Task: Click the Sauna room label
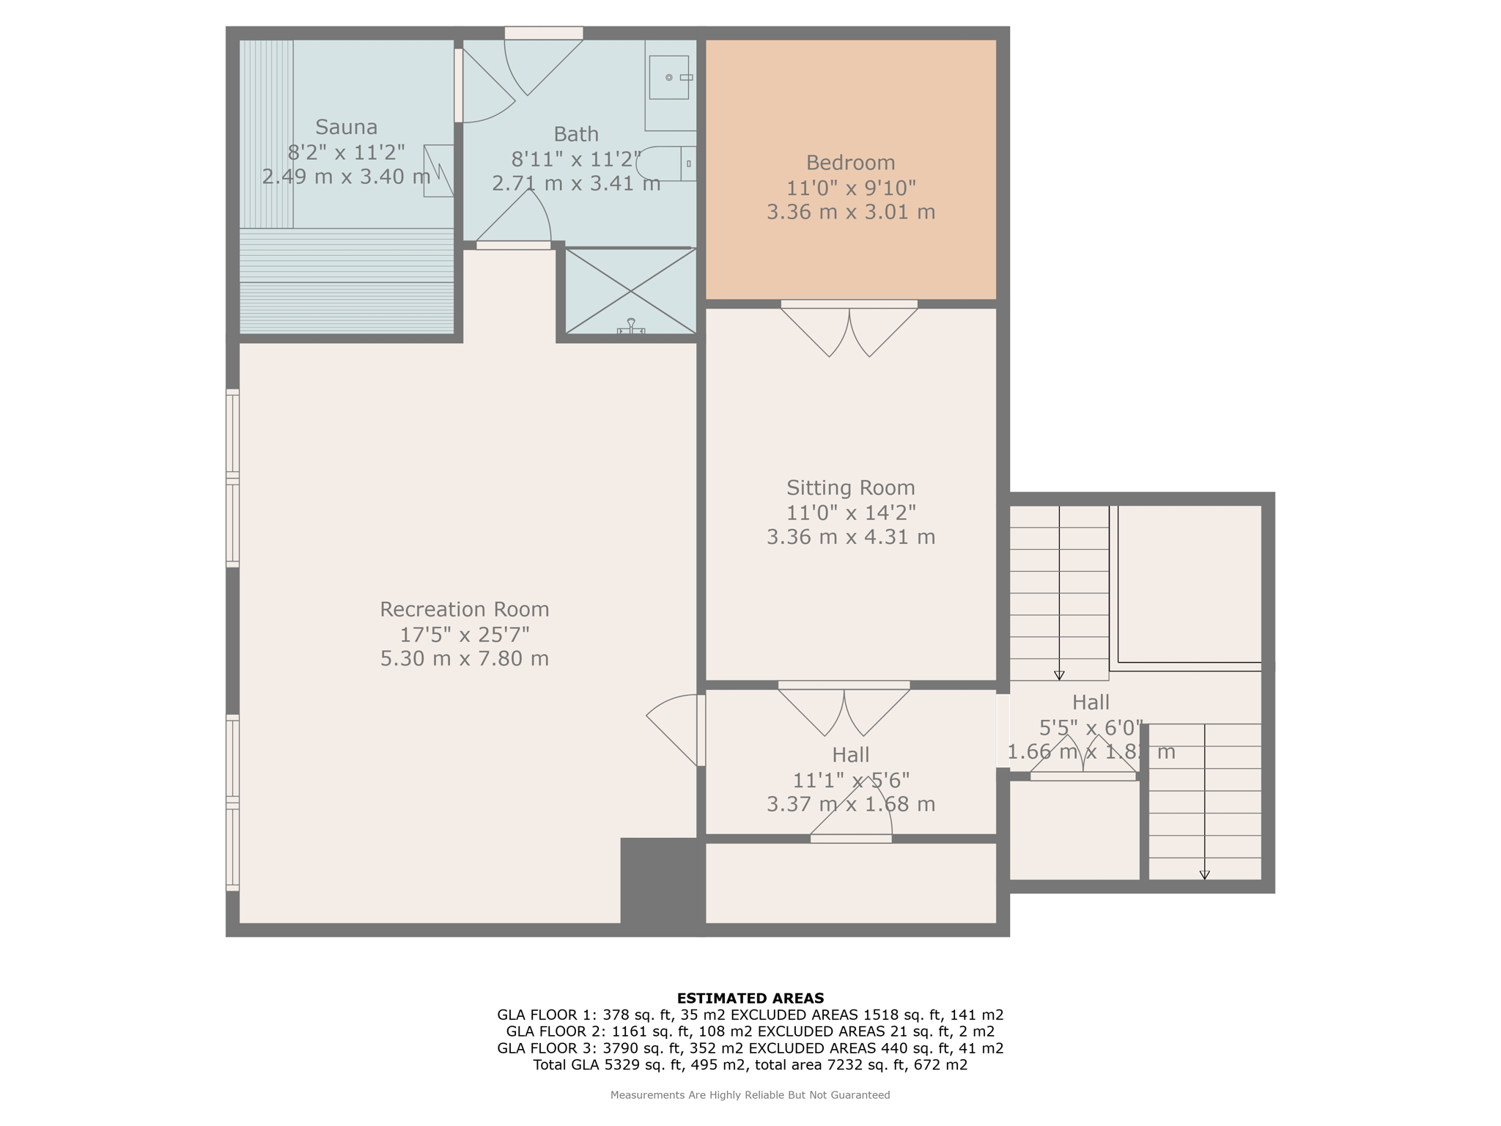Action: click(347, 127)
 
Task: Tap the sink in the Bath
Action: click(668, 77)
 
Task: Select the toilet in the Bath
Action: click(666, 163)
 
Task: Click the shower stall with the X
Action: click(630, 291)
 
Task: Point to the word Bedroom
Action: click(850, 162)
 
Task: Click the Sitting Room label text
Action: click(850, 487)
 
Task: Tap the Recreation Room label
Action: click(464, 609)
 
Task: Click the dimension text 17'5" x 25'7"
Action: click(464, 634)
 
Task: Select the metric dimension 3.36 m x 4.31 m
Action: click(850, 537)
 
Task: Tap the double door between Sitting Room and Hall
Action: click(844, 709)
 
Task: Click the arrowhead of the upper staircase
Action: click(1059, 675)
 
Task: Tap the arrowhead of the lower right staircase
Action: click(1204, 875)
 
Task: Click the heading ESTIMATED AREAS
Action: click(750, 998)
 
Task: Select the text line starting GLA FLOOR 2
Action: click(750, 1031)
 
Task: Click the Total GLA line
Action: click(750, 1064)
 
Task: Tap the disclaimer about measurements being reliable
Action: click(750, 1095)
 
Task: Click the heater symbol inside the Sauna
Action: click(438, 171)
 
